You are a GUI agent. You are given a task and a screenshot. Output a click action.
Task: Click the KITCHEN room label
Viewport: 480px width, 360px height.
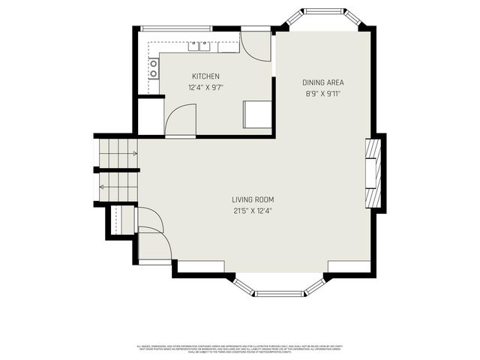205,76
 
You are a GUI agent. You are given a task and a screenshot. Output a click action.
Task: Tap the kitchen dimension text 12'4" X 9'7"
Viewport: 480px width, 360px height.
205,87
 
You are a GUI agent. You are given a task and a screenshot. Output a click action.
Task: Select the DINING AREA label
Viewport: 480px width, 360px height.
323,82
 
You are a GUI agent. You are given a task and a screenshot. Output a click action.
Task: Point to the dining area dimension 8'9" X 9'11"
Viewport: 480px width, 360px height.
323,93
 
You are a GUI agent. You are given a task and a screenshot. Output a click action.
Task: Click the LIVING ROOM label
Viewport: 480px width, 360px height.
253,199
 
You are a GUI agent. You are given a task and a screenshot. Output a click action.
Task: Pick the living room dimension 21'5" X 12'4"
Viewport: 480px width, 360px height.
253,210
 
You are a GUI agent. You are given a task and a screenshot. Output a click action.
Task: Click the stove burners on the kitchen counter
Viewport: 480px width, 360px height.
154,69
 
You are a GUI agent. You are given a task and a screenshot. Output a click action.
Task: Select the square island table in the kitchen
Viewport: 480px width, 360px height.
257,114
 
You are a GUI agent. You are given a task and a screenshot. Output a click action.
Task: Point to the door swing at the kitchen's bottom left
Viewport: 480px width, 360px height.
180,120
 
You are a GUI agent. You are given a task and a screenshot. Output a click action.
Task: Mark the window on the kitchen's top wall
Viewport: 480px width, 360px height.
176,29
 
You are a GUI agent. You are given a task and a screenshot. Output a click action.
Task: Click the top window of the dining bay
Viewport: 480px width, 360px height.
324,11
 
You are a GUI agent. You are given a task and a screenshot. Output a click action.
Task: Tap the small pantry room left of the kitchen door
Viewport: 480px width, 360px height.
151,115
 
